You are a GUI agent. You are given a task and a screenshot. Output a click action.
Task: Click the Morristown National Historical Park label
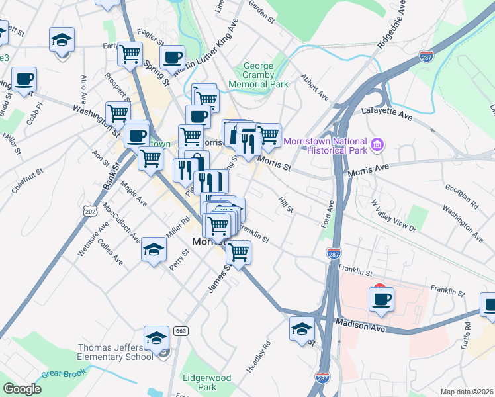(324, 146)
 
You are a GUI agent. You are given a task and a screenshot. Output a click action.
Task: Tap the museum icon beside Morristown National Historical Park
(377, 144)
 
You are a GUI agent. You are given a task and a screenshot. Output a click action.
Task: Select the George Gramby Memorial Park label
(258, 75)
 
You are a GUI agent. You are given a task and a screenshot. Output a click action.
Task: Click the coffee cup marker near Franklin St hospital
(381, 299)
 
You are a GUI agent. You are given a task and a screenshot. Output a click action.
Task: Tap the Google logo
(22, 389)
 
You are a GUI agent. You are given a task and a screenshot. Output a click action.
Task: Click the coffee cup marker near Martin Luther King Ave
(173, 58)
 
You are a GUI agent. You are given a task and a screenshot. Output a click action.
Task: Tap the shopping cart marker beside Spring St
(130, 53)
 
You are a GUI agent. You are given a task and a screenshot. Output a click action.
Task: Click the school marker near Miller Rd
(154, 250)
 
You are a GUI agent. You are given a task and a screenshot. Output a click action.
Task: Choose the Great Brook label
(61, 374)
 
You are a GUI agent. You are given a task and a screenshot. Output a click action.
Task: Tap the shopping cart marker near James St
(238, 251)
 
